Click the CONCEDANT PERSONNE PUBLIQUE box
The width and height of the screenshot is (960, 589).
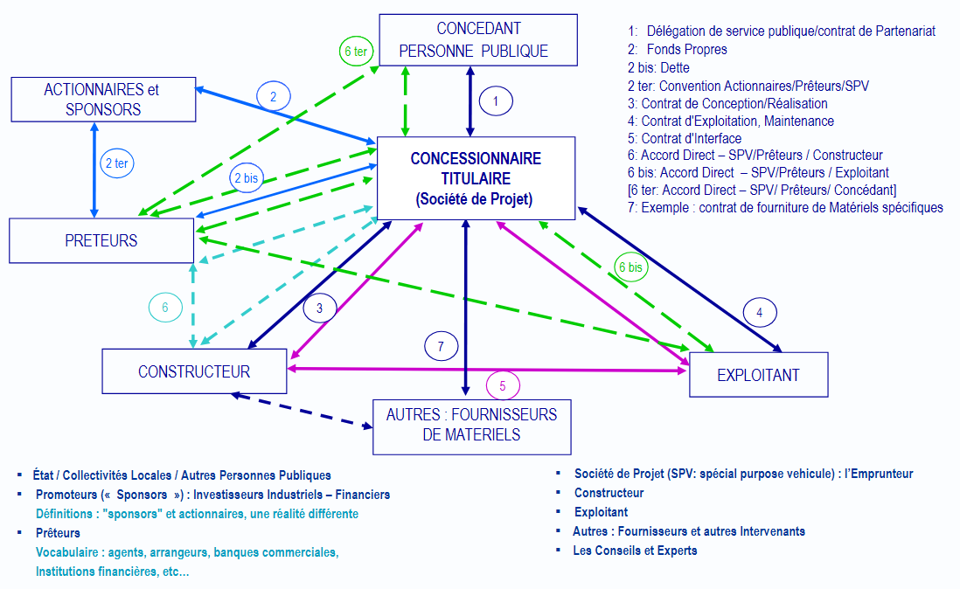477,39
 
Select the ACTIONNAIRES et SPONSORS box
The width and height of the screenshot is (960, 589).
101,99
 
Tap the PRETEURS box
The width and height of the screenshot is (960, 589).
101,240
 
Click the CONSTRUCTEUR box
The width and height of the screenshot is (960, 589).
194,371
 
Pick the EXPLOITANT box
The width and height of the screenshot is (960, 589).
758,375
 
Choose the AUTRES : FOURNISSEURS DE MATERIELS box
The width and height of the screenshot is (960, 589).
471,426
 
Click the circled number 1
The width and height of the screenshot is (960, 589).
496,101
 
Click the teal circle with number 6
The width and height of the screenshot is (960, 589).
165,307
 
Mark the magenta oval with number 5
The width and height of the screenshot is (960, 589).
502,385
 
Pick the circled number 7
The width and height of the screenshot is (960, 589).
442,346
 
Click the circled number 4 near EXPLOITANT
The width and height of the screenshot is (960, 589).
760,312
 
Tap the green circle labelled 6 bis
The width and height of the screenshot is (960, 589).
631,267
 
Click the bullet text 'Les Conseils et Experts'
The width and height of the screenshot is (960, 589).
635,551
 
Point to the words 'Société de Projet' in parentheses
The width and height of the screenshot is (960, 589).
474,199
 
